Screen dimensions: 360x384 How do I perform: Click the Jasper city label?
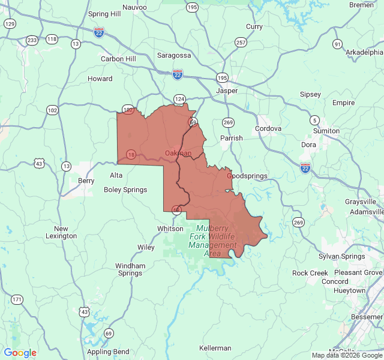pyautogui.click(x=227, y=91)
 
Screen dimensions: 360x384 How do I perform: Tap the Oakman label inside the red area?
pyautogui.click(x=178, y=153)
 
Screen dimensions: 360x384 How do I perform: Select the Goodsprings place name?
pyautogui.click(x=247, y=176)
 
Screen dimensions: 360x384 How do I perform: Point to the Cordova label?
pyautogui.click(x=268, y=128)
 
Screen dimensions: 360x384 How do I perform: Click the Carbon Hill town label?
pyautogui.click(x=118, y=59)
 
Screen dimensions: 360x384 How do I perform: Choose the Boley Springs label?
pyautogui.click(x=125, y=190)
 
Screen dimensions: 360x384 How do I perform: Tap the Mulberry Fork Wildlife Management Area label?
pyautogui.click(x=212, y=241)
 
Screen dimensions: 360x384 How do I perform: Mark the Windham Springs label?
pyautogui.click(x=130, y=269)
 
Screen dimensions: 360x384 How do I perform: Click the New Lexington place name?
pyautogui.click(x=61, y=232)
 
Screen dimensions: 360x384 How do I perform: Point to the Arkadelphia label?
pyautogui.click(x=364, y=52)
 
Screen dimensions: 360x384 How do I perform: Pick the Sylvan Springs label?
pyautogui.click(x=341, y=256)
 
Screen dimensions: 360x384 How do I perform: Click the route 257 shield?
pyautogui.click(x=241, y=43)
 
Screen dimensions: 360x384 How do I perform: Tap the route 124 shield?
pyautogui.click(x=179, y=98)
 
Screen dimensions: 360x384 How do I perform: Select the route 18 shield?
pyautogui.click(x=131, y=155)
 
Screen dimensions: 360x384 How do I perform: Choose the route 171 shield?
pyautogui.click(x=17, y=299)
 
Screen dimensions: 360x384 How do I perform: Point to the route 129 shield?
pyautogui.click(x=10, y=23)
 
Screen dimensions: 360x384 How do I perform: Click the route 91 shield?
pyautogui.click(x=338, y=44)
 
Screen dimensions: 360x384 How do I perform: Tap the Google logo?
pyautogui.click(x=20, y=353)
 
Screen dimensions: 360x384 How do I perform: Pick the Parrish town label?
pyautogui.click(x=231, y=138)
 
